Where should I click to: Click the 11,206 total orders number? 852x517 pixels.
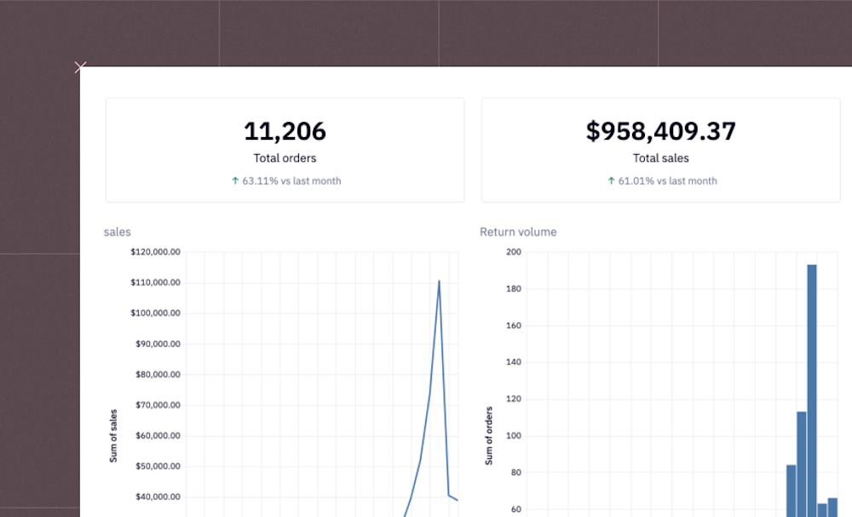tap(285, 131)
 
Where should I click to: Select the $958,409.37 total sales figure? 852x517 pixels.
tap(660, 131)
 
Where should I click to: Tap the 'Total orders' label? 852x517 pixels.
tap(285, 158)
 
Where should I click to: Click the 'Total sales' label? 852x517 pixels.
tap(660, 158)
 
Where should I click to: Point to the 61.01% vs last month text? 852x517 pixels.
tap(667, 181)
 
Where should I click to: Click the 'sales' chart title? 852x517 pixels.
tap(118, 232)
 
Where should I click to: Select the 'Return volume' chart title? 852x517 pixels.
tap(518, 232)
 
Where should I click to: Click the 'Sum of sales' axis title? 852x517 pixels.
tap(113, 435)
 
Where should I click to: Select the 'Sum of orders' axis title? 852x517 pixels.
tap(489, 435)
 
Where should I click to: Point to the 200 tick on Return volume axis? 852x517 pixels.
tap(513, 252)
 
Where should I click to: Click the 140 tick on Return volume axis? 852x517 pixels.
tap(513, 362)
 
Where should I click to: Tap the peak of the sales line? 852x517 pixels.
tap(439, 280)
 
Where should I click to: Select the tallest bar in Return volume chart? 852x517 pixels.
tap(812, 383)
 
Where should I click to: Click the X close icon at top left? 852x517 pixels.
tap(80, 67)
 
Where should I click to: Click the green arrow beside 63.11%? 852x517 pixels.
tap(235, 181)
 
